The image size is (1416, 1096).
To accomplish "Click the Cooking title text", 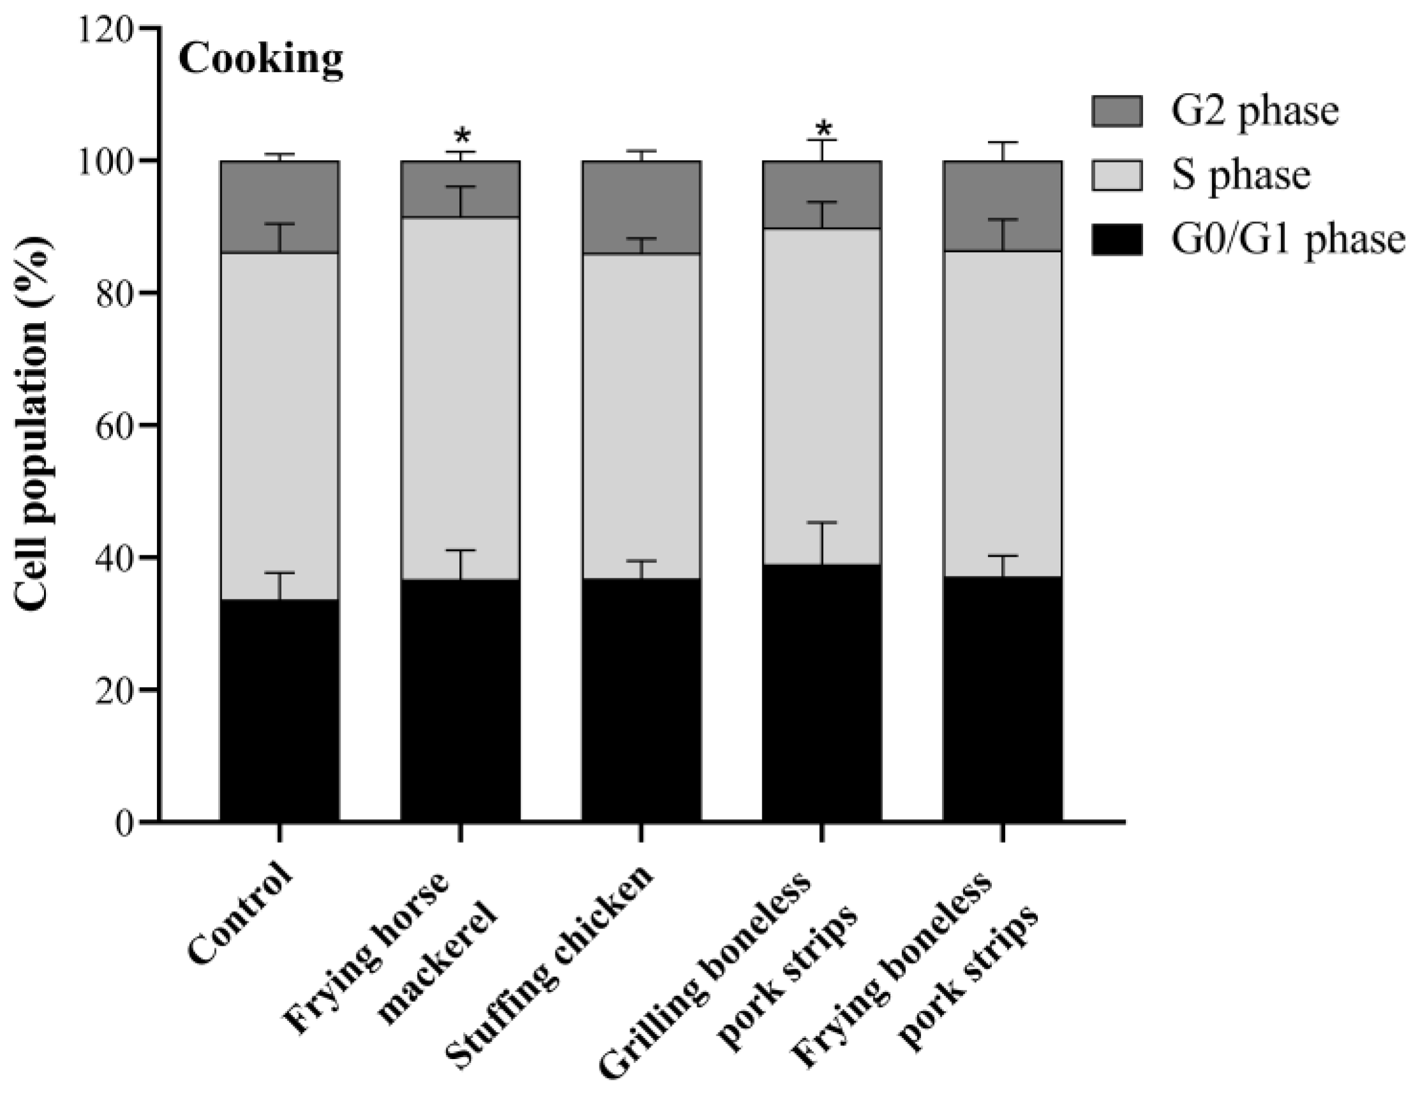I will click(261, 61).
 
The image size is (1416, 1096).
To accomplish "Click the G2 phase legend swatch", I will click(1116, 111).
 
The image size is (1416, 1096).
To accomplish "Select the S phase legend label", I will click(1241, 175).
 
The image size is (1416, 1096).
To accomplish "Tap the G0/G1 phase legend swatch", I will click(1116, 239).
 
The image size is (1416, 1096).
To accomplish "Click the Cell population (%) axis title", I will click(33, 425).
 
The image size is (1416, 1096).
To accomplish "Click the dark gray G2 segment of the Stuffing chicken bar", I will click(640, 207).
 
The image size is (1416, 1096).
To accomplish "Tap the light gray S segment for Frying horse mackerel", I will click(461, 398).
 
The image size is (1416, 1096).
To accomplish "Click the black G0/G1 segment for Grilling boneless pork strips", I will click(822, 694).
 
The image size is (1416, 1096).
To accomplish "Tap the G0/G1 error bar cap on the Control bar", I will click(279, 573).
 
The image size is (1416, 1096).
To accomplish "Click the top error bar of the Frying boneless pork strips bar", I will click(1002, 143).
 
